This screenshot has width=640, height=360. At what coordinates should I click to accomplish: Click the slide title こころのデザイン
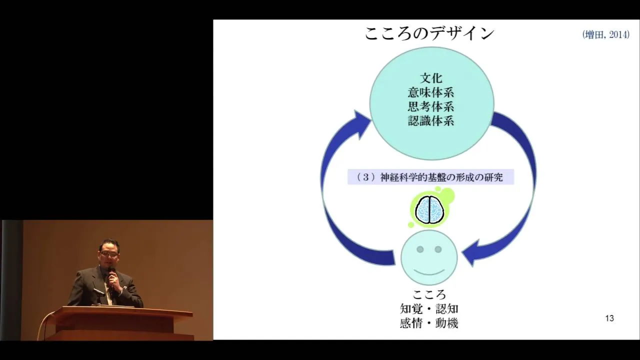[429, 34]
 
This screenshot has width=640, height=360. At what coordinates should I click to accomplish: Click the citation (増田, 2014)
[605, 35]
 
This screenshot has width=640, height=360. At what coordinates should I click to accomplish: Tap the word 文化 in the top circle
[431, 78]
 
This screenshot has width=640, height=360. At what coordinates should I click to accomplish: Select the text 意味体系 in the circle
[431, 92]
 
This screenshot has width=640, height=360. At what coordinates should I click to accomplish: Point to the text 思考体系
[431, 106]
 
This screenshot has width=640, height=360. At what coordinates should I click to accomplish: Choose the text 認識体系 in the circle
[431, 121]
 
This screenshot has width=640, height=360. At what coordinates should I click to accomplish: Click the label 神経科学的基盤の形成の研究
[441, 177]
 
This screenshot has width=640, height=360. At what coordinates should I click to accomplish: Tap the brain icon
[429, 209]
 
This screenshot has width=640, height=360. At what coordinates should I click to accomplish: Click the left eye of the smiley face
[420, 249]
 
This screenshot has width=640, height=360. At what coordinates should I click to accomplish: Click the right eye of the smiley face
[438, 249]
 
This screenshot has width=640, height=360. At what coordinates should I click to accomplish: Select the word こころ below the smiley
[429, 294]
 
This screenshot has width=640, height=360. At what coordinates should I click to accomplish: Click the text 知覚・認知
[429, 309]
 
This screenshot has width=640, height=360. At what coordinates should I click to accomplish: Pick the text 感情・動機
[429, 323]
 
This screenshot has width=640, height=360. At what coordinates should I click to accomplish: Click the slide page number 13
[609, 318]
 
